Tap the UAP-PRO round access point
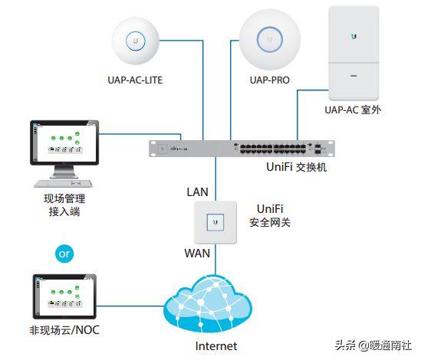(x=269, y=38)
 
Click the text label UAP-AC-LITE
(x=135, y=80)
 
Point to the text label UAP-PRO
(x=269, y=80)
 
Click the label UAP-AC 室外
(x=354, y=110)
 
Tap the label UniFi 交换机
(x=294, y=166)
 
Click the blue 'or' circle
(x=65, y=252)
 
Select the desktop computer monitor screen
(x=66, y=146)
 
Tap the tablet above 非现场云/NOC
(x=65, y=297)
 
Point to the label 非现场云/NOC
(x=66, y=331)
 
